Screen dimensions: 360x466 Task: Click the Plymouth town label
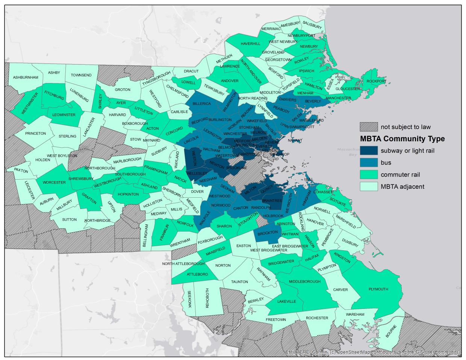[x=378, y=289]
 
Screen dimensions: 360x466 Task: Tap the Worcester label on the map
[x=54, y=183]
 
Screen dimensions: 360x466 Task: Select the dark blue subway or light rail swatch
[x=368, y=151]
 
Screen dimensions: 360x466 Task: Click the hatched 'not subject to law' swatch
[x=368, y=127]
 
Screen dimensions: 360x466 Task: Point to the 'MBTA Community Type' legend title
[x=402, y=139]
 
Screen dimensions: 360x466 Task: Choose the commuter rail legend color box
[x=368, y=174]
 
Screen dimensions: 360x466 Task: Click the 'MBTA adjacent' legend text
[x=402, y=186]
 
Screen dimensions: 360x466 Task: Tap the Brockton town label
[x=268, y=232]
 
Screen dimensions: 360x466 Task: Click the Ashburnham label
[x=26, y=77]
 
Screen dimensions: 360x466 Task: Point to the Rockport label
[x=376, y=81]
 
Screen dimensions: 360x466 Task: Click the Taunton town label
[x=239, y=281]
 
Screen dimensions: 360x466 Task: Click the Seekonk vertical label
[x=190, y=299]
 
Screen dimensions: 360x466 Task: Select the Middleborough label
[x=305, y=281]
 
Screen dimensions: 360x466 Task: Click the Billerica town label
[x=202, y=103]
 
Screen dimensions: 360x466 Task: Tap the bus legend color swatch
[x=368, y=162]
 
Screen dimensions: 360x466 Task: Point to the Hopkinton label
[x=129, y=194]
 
